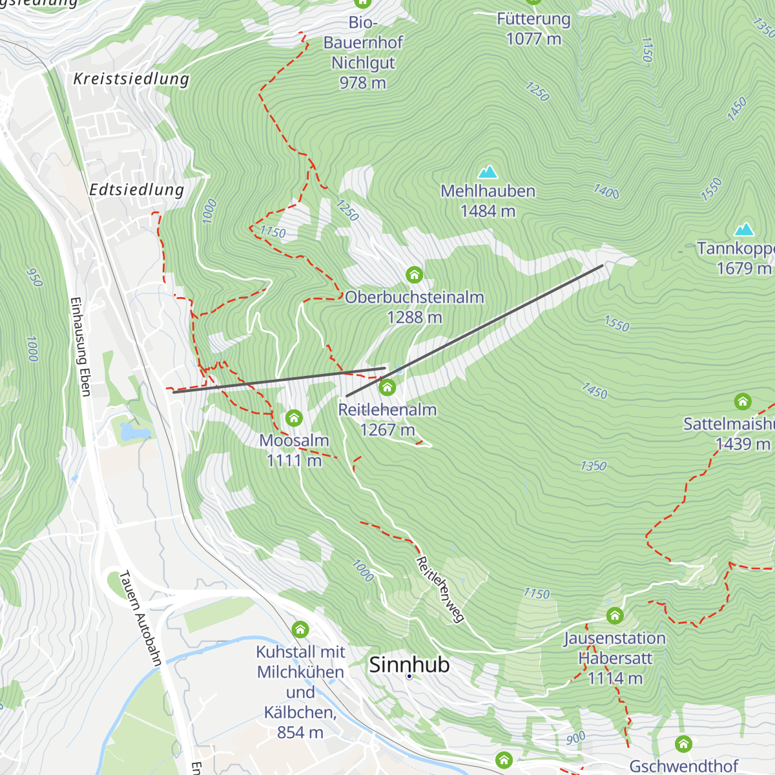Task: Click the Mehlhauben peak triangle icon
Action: pyautogui.click(x=488, y=172)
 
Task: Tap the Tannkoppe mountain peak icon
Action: pyautogui.click(x=744, y=229)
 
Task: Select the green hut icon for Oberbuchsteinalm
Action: pyautogui.click(x=415, y=275)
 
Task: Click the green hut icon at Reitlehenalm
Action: pyautogui.click(x=387, y=387)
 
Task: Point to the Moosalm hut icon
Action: pyautogui.click(x=294, y=418)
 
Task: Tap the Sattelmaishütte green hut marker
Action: pyautogui.click(x=743, y=402)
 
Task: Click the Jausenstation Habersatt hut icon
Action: pyautogui.click(x=615, y=615)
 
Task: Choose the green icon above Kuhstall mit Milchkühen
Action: pyautogui.click(x=300, y=628)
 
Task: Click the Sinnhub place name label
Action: pyautogui.click(x=409, y=665)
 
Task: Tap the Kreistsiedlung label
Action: pyautogui.click(x=131, y=79)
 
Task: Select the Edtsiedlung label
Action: pyautogui.click(x=136, y=190)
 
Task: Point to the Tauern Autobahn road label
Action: pyautogui.click(x=140, y=618)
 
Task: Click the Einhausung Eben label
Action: pyautogui.click(x=80, y=347)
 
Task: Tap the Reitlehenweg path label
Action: pyautogui.click(x=440, y=589)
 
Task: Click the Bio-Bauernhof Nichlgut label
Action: pyautogui.click(x=363, y=52)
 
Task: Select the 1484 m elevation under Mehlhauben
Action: pyautogui.click(x=488, y=211)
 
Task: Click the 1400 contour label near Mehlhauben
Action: pyautogui.click(x=606, y=191)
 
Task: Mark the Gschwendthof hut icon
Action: pyautogui.click(x=683, y=744)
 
